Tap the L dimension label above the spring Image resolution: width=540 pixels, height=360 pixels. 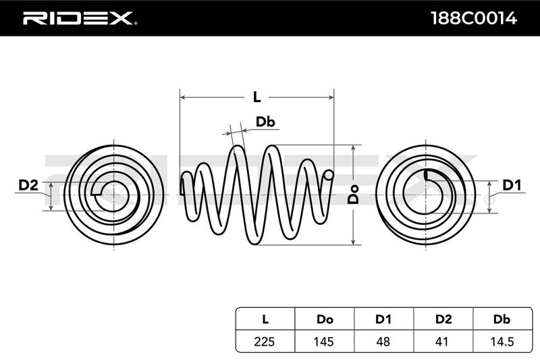click(x=256, y=97)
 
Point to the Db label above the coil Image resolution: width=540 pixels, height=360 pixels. click(x=265, y=122)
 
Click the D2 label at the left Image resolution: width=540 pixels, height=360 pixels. click(x=28, y=184)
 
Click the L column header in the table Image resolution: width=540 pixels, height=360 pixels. click(x=264, y=318)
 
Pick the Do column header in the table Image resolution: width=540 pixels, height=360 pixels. click(x=323, y=318)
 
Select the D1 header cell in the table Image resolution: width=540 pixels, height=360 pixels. click(x=383, y=318)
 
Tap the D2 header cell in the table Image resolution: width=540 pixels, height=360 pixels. click(x=443, y=318)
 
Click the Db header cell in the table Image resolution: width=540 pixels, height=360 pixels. click(x=502, y=318)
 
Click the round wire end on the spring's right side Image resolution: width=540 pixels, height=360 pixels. click(x=329, y=176)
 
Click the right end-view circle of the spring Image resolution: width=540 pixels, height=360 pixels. click(x=425, y=195)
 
